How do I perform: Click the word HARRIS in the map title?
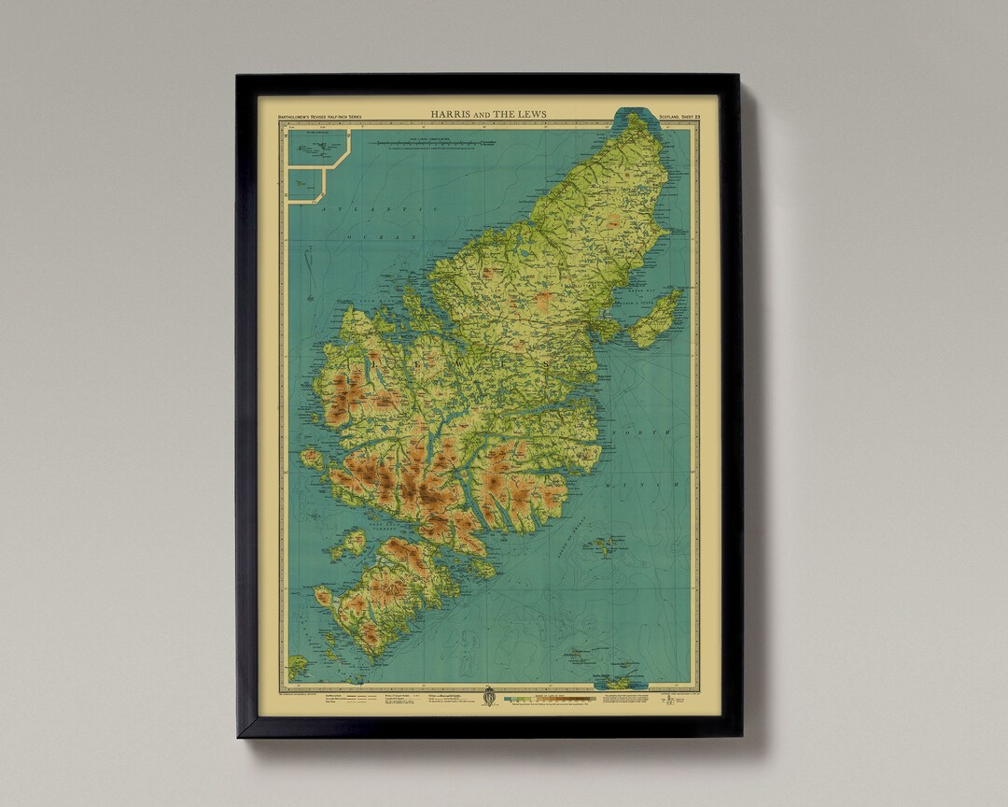coord(449,114)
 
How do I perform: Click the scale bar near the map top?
coord(434,143)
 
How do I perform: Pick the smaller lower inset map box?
coord(305,183)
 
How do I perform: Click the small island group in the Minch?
coord(608,545)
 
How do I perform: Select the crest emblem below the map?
coord(489,697)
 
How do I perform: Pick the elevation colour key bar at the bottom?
coord(551,697)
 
